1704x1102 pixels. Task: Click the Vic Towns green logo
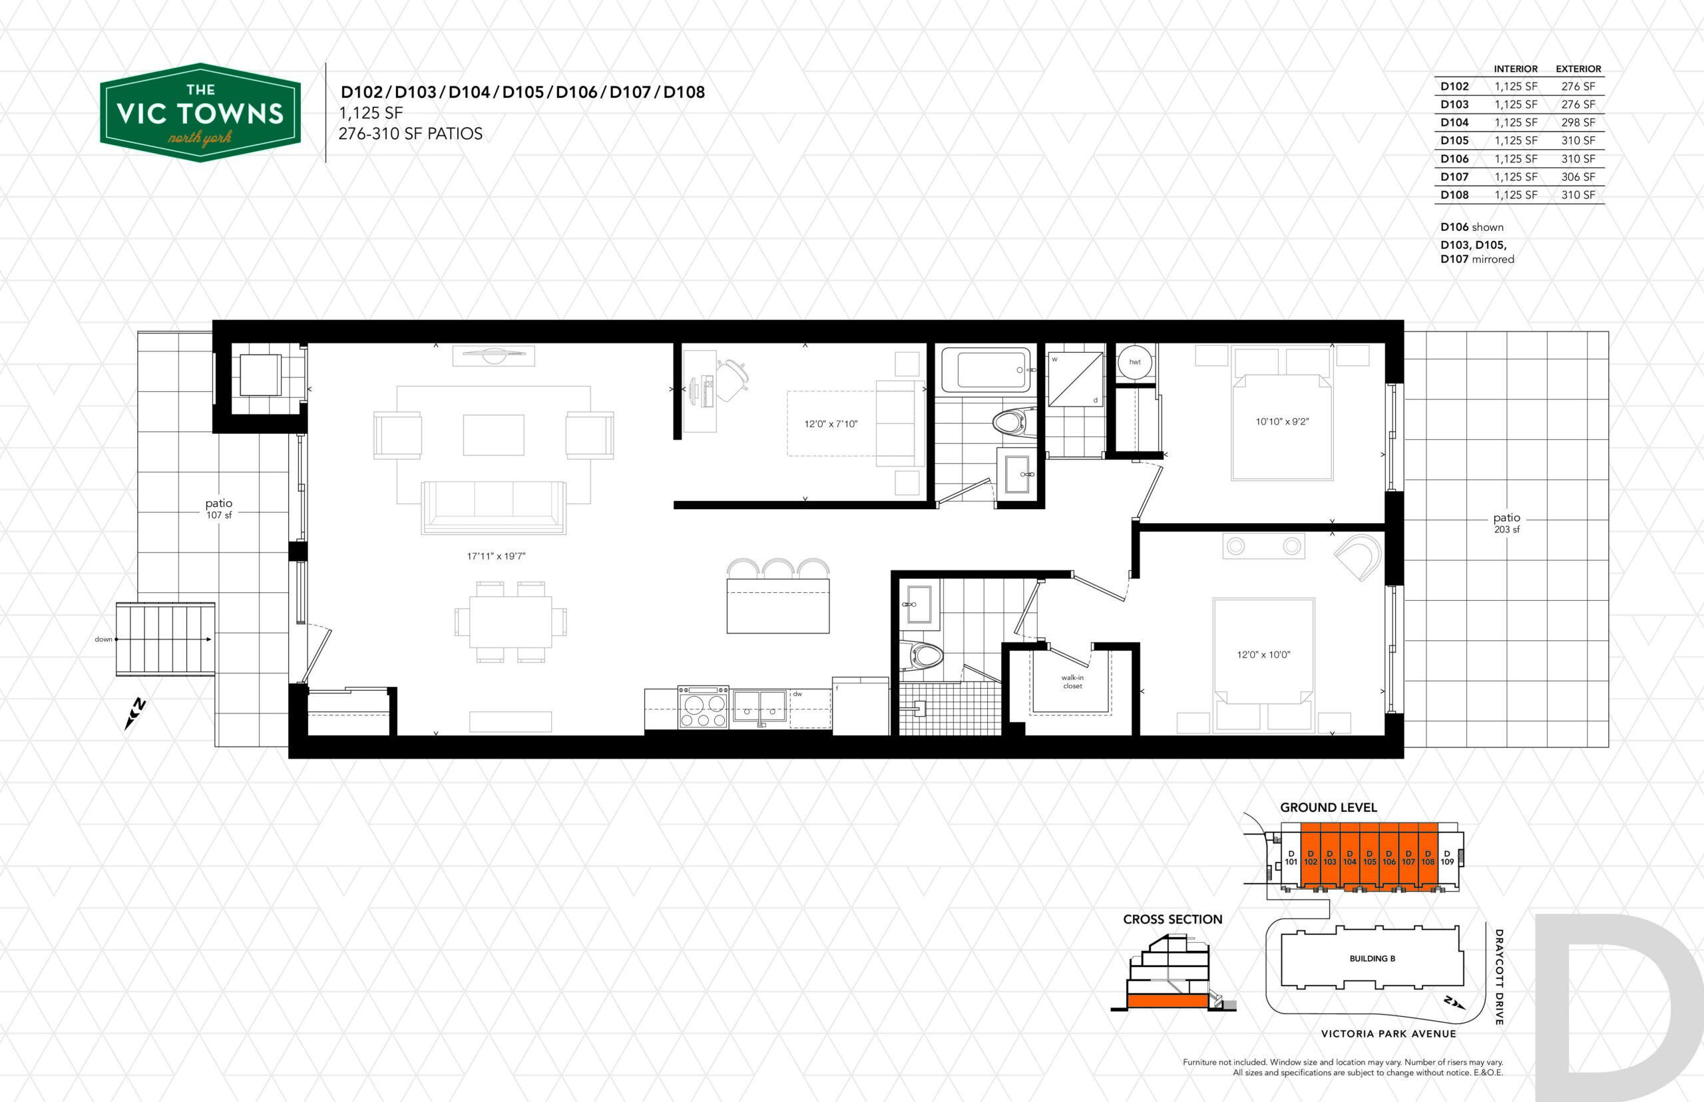click(200, 112)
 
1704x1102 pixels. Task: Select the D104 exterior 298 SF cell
click(1578, 122)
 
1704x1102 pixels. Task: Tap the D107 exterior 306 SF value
click(1578, 177)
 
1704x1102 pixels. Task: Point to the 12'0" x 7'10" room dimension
click(830, 425)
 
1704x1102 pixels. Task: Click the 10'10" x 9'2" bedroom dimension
click(1282, 422)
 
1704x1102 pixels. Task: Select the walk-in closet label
click(1072, 682)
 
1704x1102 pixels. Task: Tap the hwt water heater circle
click(1135, 362)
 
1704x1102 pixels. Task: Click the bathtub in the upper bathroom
click(986, 369)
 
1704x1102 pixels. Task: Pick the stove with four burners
click(703, 707)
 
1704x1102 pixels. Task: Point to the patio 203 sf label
click(1506, 523)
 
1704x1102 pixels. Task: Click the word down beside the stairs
click(104, 639)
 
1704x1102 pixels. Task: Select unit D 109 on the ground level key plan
click(1447, 857)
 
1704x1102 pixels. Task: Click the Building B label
click(1372, 958)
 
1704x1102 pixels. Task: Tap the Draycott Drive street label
click(1498, 977)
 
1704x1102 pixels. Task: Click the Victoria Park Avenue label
click(1388, 1033)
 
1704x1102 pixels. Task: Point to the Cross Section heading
click(1172, 920)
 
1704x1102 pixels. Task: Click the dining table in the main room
click(511, 621)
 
